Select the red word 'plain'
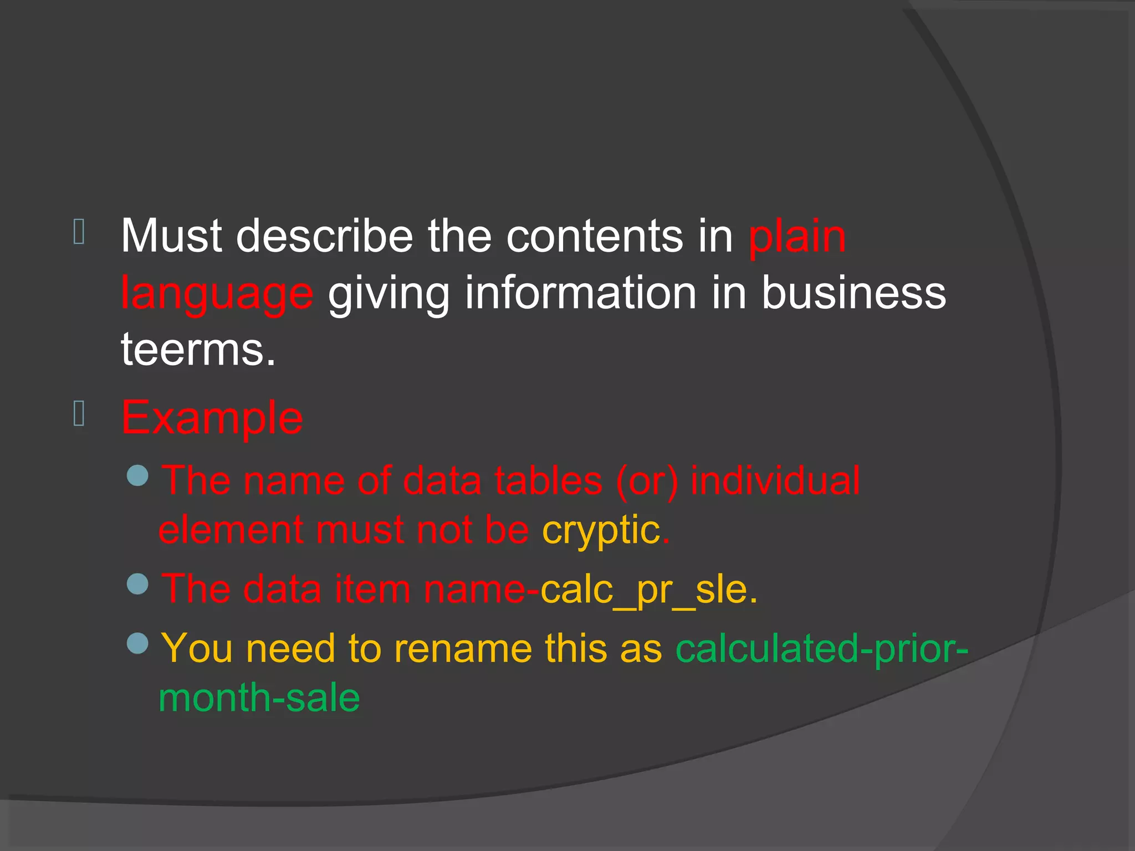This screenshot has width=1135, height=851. pos(797,237)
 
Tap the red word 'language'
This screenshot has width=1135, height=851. pos(217,294)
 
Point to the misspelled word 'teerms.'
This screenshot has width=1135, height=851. pos(198,350)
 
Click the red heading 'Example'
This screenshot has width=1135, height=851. pos(212,418)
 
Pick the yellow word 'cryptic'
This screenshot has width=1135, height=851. pos(601,531)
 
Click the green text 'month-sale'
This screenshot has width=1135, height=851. pos(259,698)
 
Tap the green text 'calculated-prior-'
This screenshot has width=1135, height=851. pos(822,648)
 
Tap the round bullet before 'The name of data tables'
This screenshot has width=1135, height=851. pos(137,475)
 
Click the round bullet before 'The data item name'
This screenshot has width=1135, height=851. pos(137,584)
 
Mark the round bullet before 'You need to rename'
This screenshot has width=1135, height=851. pos(137,643)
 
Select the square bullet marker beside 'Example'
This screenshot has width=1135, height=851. pos(79,414)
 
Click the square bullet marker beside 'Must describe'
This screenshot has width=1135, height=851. pos(79,232)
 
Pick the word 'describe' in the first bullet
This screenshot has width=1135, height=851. pos(325,236)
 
